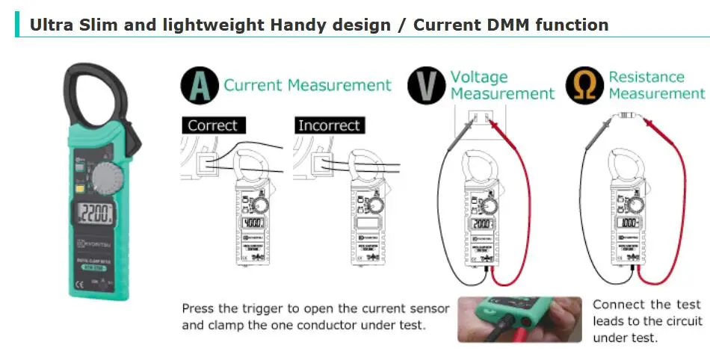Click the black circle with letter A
(199, 85)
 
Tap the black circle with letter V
(426, 85)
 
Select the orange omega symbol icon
(584, 85)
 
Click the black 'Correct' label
(212, 125)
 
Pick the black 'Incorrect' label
(329, 125)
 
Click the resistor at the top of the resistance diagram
(626, 117)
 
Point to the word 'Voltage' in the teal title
(479, 77)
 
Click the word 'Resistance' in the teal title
(646, 77)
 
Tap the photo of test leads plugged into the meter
(519, 319)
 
